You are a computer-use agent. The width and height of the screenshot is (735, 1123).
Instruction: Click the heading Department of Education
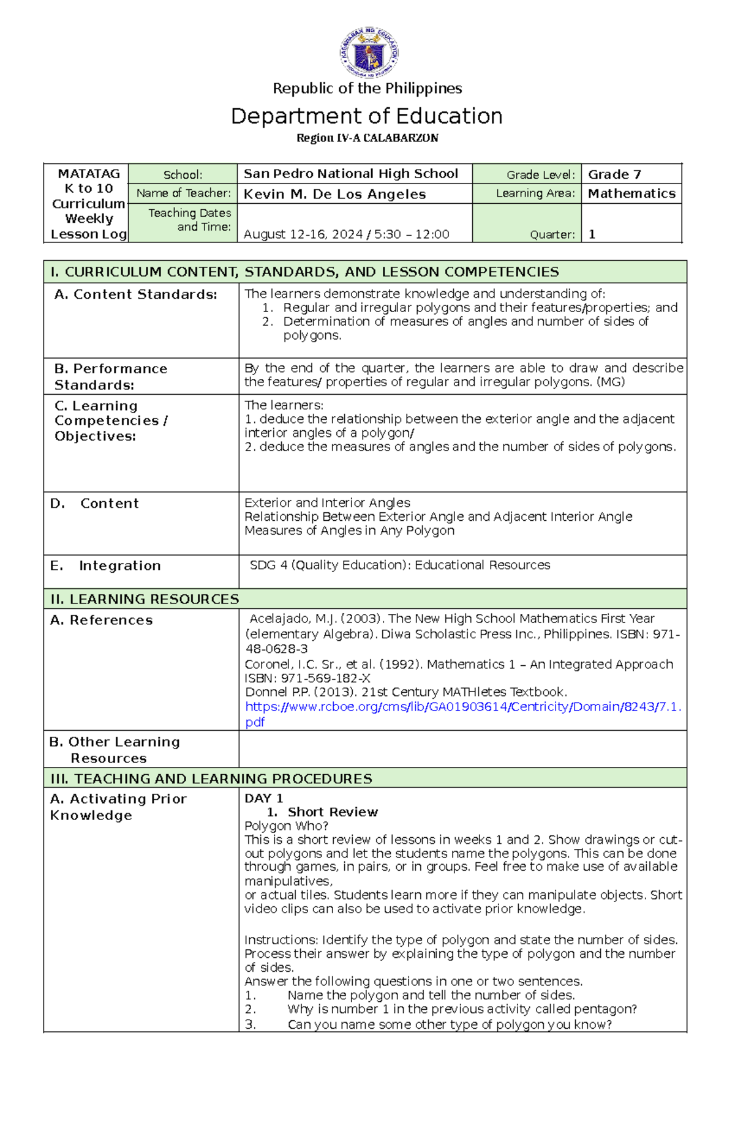pyautogui.click(x=366, y=116)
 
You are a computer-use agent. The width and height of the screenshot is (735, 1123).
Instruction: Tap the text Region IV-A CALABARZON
pyautogui.click(x=367, y=138)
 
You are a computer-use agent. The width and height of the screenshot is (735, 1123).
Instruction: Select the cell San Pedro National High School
pyautogui.click(x=350, y=174)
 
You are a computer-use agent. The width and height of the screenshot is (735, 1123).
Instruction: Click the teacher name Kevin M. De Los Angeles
pyautogui.click(x=334, y=194)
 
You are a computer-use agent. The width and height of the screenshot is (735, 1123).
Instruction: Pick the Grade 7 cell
pyautogui.click(x=614, y=174)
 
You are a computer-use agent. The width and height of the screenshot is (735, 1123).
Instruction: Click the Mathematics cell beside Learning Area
pyautogui.click(x=631, y=193)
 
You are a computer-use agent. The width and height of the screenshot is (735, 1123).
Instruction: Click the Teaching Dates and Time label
pyautogui.click(x=189, y=220)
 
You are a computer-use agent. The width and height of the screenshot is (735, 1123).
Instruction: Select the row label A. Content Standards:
pyautogui.click(x=135, y=294)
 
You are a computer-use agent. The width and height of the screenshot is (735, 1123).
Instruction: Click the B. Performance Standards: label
pyautogui.click(x=110, y=376)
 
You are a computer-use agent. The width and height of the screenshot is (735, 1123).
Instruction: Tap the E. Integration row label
pyautogui.click(x=105, y=566)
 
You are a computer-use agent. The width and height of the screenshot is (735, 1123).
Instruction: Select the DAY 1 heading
pyautogui.click(x=263, y=798)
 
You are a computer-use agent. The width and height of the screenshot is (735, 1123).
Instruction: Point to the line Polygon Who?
pyautogui.click(x=286, y=826)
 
